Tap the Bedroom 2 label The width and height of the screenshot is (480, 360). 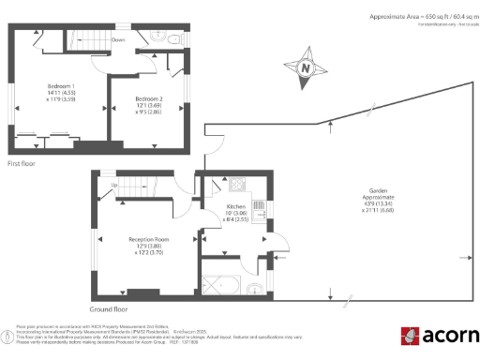149,99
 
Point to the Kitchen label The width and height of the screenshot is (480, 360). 236,206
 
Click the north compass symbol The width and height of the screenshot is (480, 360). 305,67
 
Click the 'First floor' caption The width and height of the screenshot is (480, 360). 22,163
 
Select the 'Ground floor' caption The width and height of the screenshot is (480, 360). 109,308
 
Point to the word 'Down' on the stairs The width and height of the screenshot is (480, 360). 119,40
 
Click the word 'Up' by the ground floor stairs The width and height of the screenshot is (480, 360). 114,185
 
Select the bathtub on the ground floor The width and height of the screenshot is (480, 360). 223,285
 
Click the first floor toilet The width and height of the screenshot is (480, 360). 176,38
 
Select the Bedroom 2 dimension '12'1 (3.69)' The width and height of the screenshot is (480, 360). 149,106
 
